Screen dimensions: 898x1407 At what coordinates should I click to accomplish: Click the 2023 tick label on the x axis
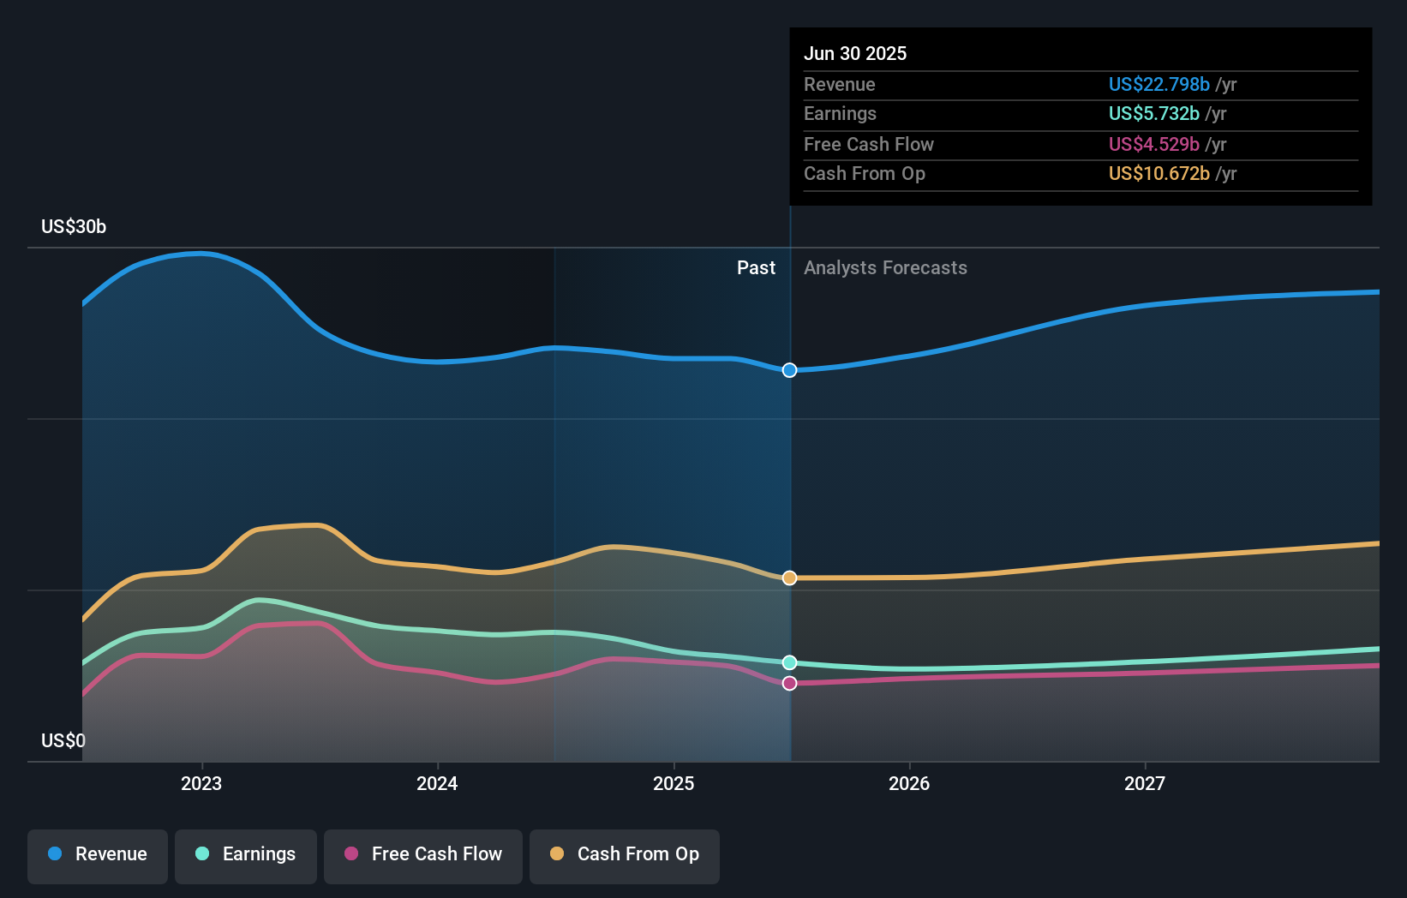[201, 784]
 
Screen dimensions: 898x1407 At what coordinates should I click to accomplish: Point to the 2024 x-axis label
[437, 784]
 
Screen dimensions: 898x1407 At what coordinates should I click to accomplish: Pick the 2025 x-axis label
[674, 784]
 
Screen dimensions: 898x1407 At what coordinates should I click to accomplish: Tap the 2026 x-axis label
[909, 784]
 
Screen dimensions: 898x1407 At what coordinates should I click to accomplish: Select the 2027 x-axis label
[1145, 784]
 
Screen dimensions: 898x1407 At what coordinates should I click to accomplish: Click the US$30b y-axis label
[74, 227]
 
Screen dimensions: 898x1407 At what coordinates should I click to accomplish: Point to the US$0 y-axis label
[63, 741]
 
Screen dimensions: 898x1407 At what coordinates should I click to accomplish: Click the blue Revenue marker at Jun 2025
[789, 370]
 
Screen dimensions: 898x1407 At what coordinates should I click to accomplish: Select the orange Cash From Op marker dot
[789, 578]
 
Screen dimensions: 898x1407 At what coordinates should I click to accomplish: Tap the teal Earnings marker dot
[789, 662]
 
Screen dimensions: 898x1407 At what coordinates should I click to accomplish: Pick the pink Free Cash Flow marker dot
[789, 683]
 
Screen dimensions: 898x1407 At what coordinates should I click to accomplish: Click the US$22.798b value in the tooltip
[1159, 85]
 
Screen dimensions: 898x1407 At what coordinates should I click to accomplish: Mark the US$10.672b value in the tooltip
[1159, 174]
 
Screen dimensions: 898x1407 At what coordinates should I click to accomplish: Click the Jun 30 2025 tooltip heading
[854, 54]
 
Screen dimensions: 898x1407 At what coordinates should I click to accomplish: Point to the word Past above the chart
[756, 268]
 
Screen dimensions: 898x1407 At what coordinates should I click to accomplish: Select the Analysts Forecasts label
[885, 268]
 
